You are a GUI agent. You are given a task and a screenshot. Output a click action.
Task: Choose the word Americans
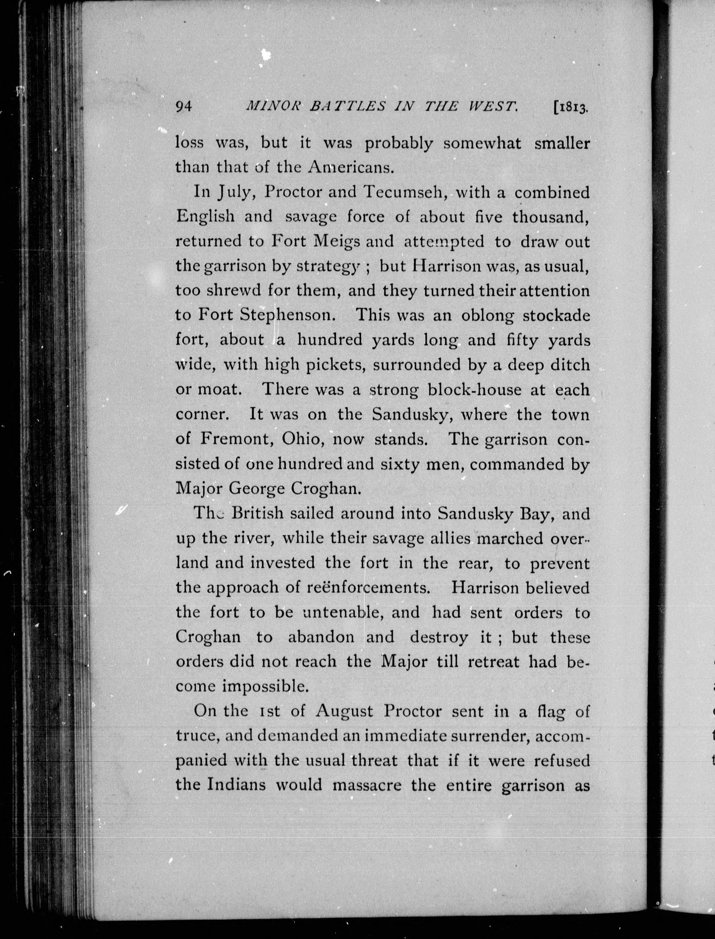[349, 167]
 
